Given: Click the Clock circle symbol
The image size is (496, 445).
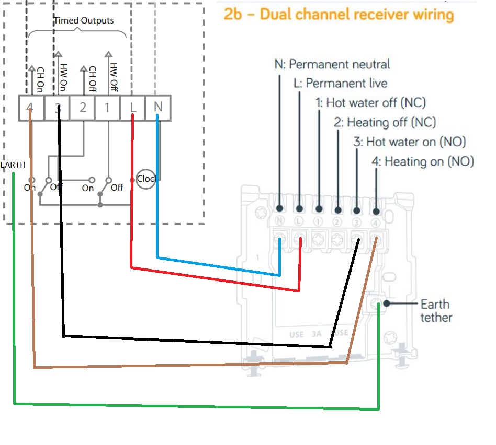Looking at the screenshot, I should click(x=146, y=179).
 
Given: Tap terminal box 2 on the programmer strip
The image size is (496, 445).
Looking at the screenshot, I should click(x=83, y=108).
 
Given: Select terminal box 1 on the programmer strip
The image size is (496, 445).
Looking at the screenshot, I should click(x=108, y=108).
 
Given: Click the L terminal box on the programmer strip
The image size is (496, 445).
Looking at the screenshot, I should click(x=133, y=108).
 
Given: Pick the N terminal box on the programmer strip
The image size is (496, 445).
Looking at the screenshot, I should click(x=158, y=108).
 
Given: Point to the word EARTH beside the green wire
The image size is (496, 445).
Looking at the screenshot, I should click(x=13, y=165).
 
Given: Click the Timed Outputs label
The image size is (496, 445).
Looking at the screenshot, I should click(x=84, y=21).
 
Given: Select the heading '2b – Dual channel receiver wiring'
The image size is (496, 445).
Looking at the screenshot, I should click(x=339, y=14).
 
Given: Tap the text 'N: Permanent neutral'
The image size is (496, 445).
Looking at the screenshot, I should click(x=332, y=64).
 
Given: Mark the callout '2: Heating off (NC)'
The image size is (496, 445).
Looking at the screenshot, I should click(x=385, y=122).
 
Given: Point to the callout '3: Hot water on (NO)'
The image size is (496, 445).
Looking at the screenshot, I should click(x=409, y=142).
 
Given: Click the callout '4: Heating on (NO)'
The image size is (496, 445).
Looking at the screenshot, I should click(x=421, y=161).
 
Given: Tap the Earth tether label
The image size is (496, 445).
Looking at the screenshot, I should click(x=435, y=311).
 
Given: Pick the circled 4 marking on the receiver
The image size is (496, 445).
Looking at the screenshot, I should click(x=376, y=222).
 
